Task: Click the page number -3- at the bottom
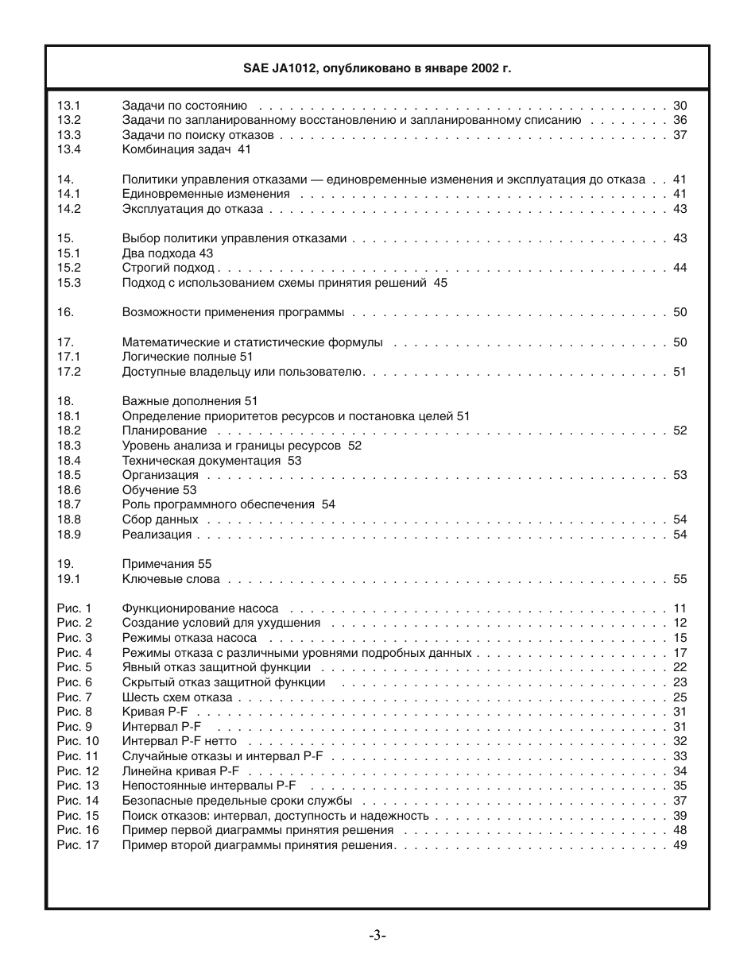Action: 377,936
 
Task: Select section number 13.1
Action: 69,106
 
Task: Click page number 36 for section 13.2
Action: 679,120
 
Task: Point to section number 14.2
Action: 69,209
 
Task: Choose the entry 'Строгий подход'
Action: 168,268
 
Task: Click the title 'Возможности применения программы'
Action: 233,312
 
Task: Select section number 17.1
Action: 69,357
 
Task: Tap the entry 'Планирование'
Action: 165,431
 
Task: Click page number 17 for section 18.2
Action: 679,431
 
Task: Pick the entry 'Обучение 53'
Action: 159,490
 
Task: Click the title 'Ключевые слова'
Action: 171,579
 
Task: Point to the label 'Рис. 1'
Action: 75,608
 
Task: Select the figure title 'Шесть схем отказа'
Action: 177,697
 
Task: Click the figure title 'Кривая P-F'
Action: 155,712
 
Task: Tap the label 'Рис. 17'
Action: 78,845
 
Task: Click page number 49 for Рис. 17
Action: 679,845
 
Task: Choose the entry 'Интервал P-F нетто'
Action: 180,741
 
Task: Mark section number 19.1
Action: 69,579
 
